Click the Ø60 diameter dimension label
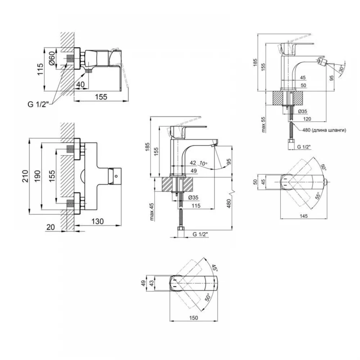tap(52, 58)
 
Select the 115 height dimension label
tap(40, 69)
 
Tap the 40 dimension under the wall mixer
tap(80, 85)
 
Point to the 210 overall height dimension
tap(25, 176)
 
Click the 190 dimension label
tap(37, 176)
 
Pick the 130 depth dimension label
tap(98, 221)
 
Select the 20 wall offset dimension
tap(50, 227)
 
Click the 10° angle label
tap(203, 163)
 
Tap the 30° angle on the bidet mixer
tap(341, 68)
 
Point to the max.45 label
tap(152, 212)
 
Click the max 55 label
tap(264, 125)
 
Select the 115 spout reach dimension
tap(196, 206)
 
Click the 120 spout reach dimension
tap(307, 119)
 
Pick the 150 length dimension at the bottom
tap(194, 318)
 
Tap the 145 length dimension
tap(303, 216)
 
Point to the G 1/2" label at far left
tap(39, 104)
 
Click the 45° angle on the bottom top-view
tap(214, 268)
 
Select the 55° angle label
tap(318, 195)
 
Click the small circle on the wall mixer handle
tap(116, 176)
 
